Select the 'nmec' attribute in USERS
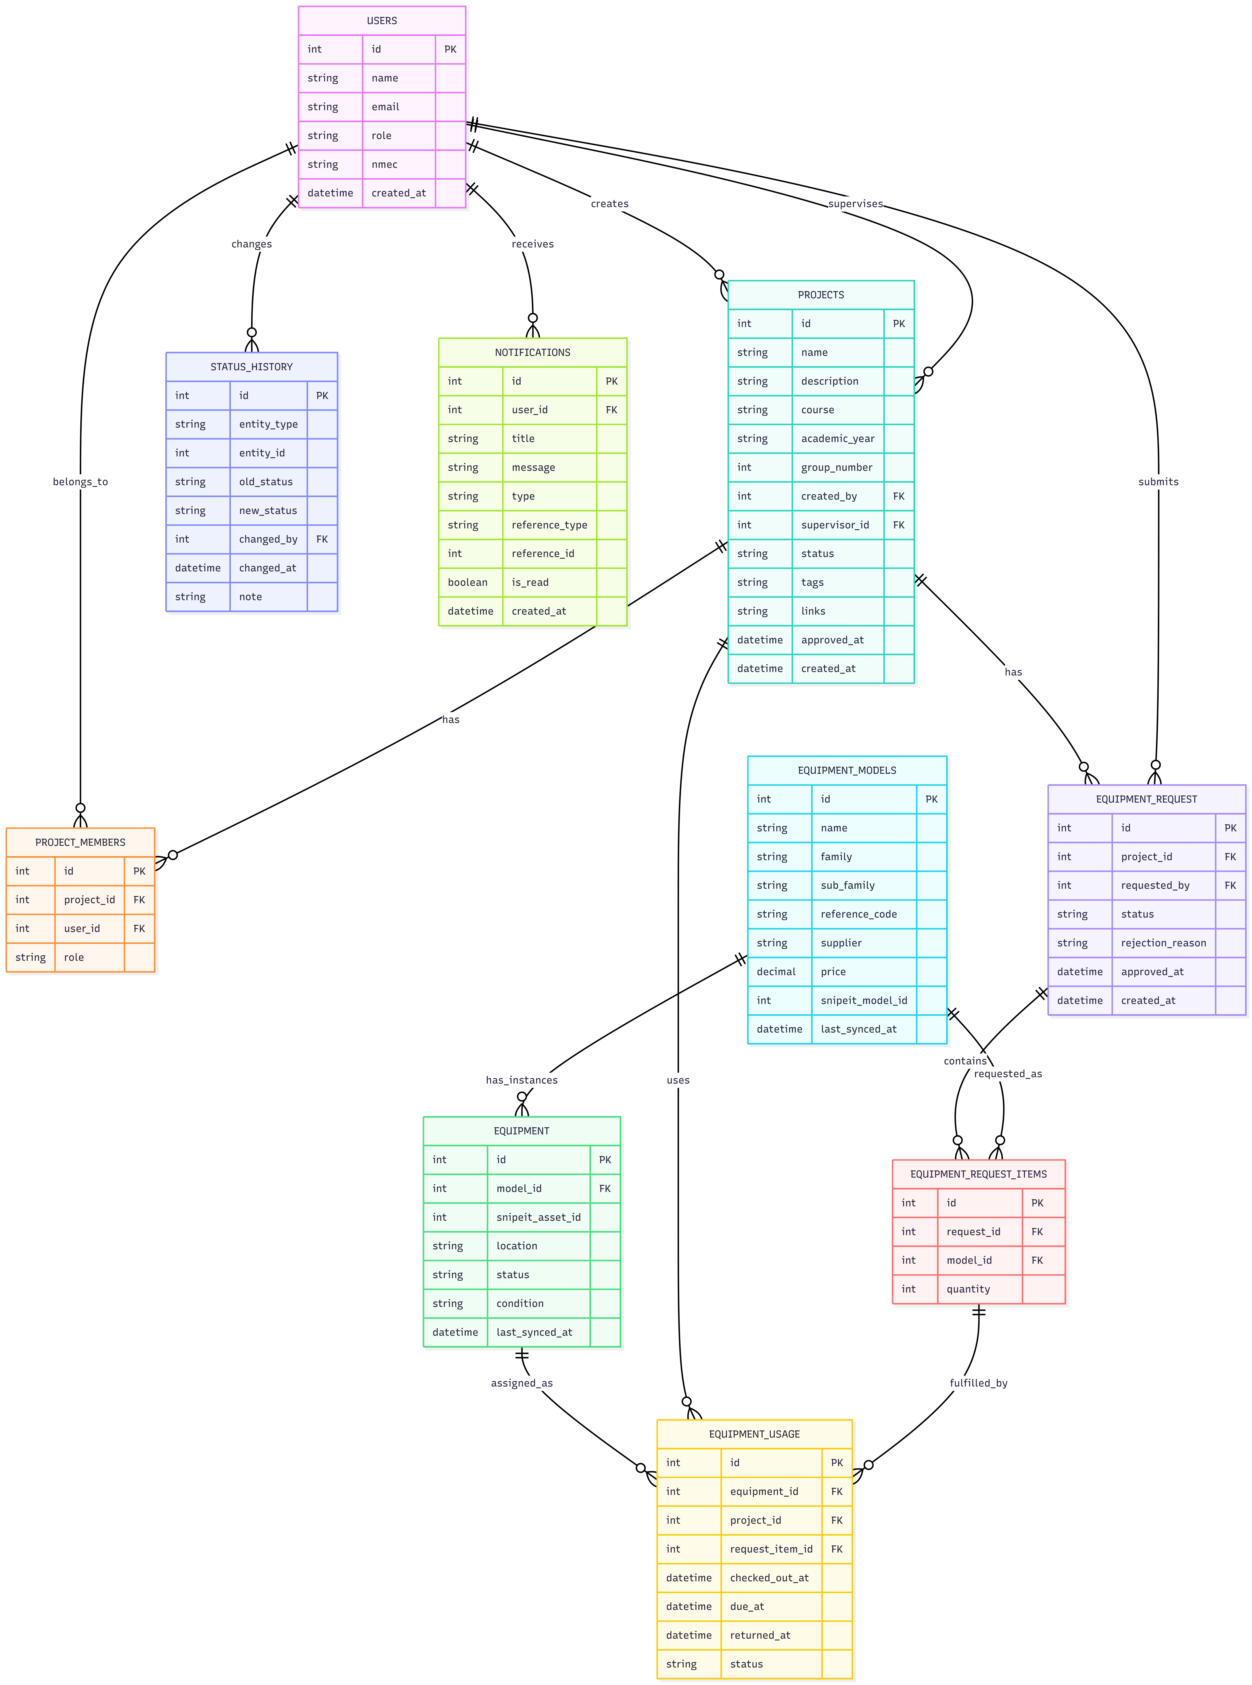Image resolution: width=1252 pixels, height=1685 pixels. [384, 165]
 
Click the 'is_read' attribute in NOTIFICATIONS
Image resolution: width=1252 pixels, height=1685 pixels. [530, 582]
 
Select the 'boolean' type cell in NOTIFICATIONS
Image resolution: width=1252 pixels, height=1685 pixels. [468, 582]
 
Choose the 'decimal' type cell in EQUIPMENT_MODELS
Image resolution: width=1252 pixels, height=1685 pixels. [776, 972]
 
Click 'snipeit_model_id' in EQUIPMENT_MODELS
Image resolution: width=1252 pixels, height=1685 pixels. [863, 1000]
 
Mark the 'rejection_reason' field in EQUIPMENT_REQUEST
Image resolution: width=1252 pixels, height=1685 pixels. [1163, 943]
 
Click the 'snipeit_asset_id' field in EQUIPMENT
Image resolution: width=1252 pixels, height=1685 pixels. [538, 1217]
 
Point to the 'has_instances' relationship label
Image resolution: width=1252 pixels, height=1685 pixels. [521, 1080]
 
